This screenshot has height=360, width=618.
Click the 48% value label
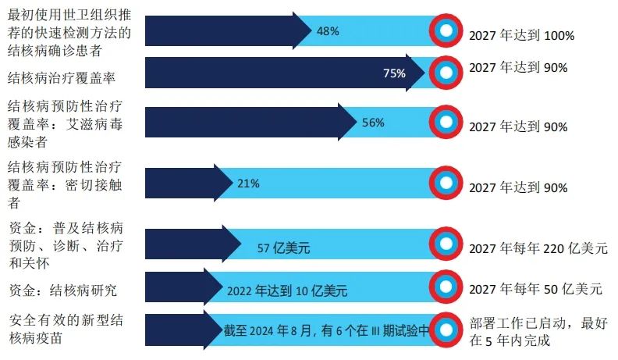point(328,31)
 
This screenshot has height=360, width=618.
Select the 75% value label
point(394,73)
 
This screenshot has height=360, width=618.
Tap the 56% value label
point(373,123)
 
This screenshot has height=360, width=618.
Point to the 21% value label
point(248,184)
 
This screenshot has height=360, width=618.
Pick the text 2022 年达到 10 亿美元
point(287,291)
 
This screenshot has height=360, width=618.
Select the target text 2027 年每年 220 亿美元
point(538,249)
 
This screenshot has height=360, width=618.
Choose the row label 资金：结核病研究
point(62,290)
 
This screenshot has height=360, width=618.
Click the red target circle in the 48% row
point(446,31)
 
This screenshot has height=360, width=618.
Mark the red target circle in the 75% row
point(446,73)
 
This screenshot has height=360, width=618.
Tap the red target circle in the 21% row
point(446,184)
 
